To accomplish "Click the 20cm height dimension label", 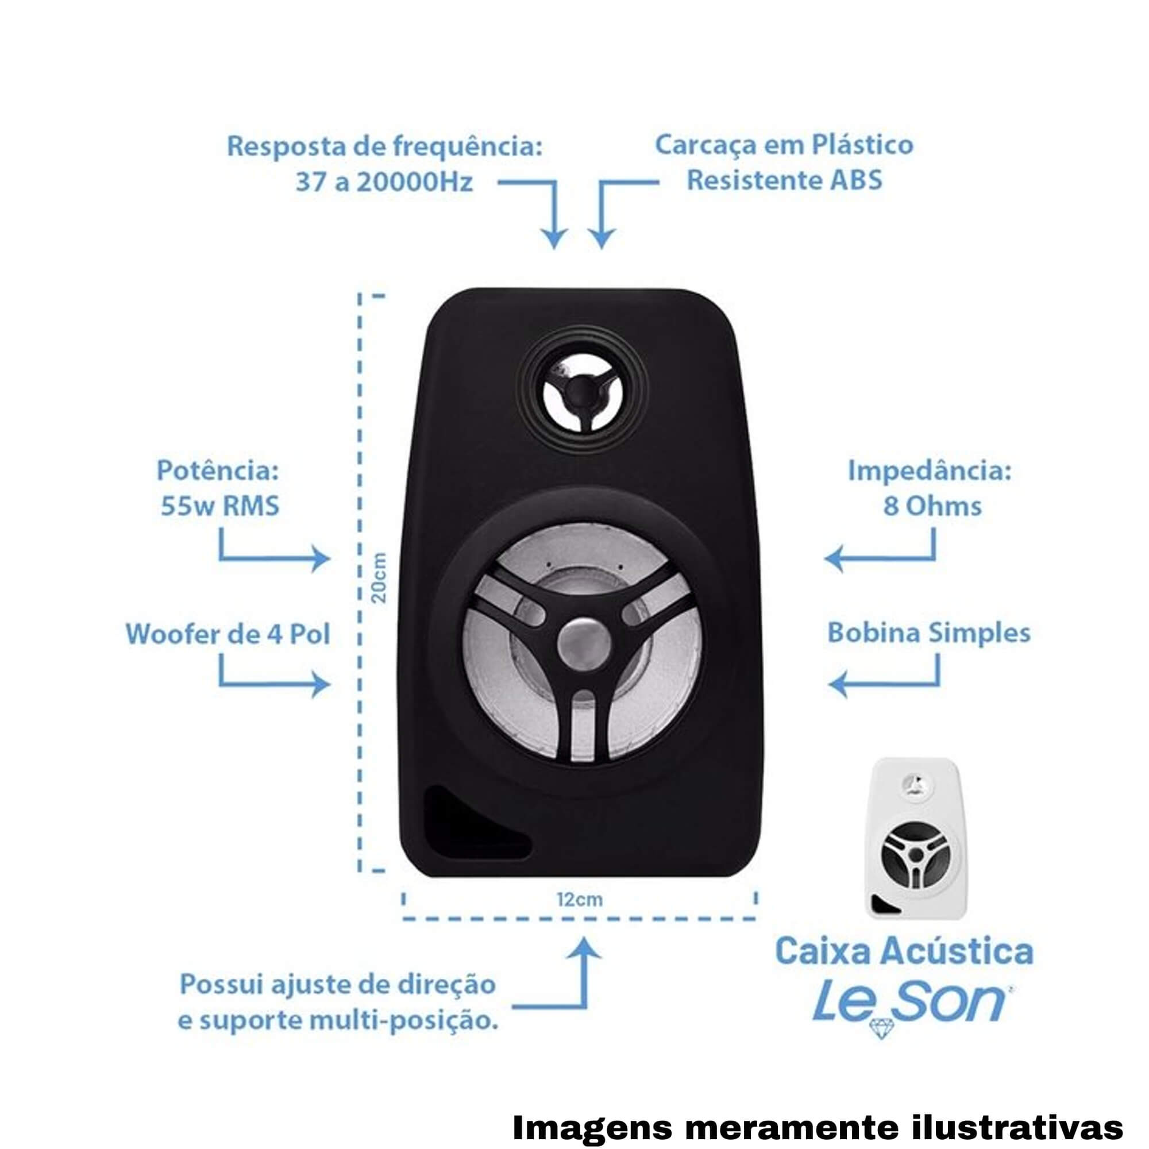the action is click(x=378, y=577).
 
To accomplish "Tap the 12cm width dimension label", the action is click(x=580, y=900).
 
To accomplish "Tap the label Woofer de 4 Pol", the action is click(x=228, y=634).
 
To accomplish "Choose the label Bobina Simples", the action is click(x=929, y=633).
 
